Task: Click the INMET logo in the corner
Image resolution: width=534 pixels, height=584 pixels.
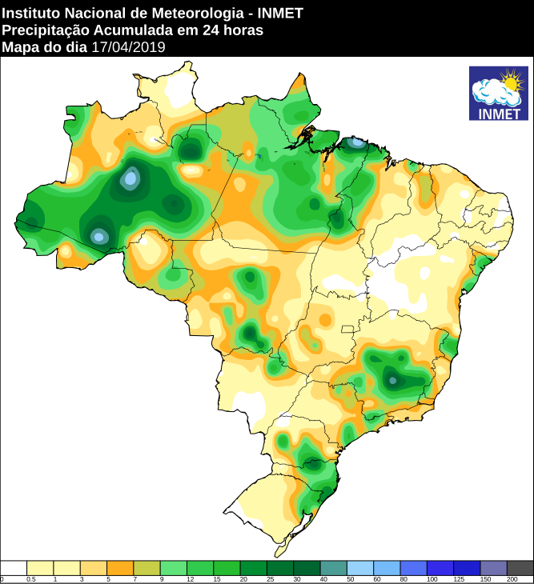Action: (x=498, y=94)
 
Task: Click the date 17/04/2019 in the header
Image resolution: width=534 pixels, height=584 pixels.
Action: (x=128, y=47)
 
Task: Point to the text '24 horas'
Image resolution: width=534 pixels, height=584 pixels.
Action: (x=236, y=30)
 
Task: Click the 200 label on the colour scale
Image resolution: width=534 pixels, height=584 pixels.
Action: (x=512, y=578)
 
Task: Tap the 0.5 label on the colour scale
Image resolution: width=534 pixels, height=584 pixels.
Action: (x=30, y=578)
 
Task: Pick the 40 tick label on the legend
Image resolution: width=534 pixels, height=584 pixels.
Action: (x=324, y=578)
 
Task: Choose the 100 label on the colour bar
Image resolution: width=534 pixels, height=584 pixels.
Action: (x=432, y=578)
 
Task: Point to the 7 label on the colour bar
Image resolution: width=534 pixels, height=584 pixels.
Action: (x=135, y=578)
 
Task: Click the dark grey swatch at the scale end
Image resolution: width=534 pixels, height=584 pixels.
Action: (x=520, y=567)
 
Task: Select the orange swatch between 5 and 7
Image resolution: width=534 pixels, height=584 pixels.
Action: (x=120, y=567)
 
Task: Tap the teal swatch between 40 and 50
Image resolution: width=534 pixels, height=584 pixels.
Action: (x=334, y=567)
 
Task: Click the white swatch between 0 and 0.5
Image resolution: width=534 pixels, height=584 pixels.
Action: (x=14, y=567)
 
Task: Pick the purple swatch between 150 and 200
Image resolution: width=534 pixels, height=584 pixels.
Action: (x=493, y=567)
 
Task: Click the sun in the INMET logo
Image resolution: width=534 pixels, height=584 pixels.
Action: (x=510, y=81)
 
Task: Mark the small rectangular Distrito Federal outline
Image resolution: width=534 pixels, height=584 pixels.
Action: (x=347, y=329)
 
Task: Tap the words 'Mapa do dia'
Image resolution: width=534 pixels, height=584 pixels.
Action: (x=45, y=47)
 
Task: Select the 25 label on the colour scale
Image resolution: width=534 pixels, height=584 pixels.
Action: (x=271, y=578)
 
